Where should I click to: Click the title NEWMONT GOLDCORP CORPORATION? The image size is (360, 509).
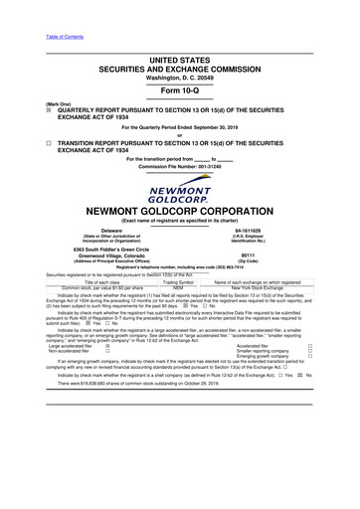click(179, 211)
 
